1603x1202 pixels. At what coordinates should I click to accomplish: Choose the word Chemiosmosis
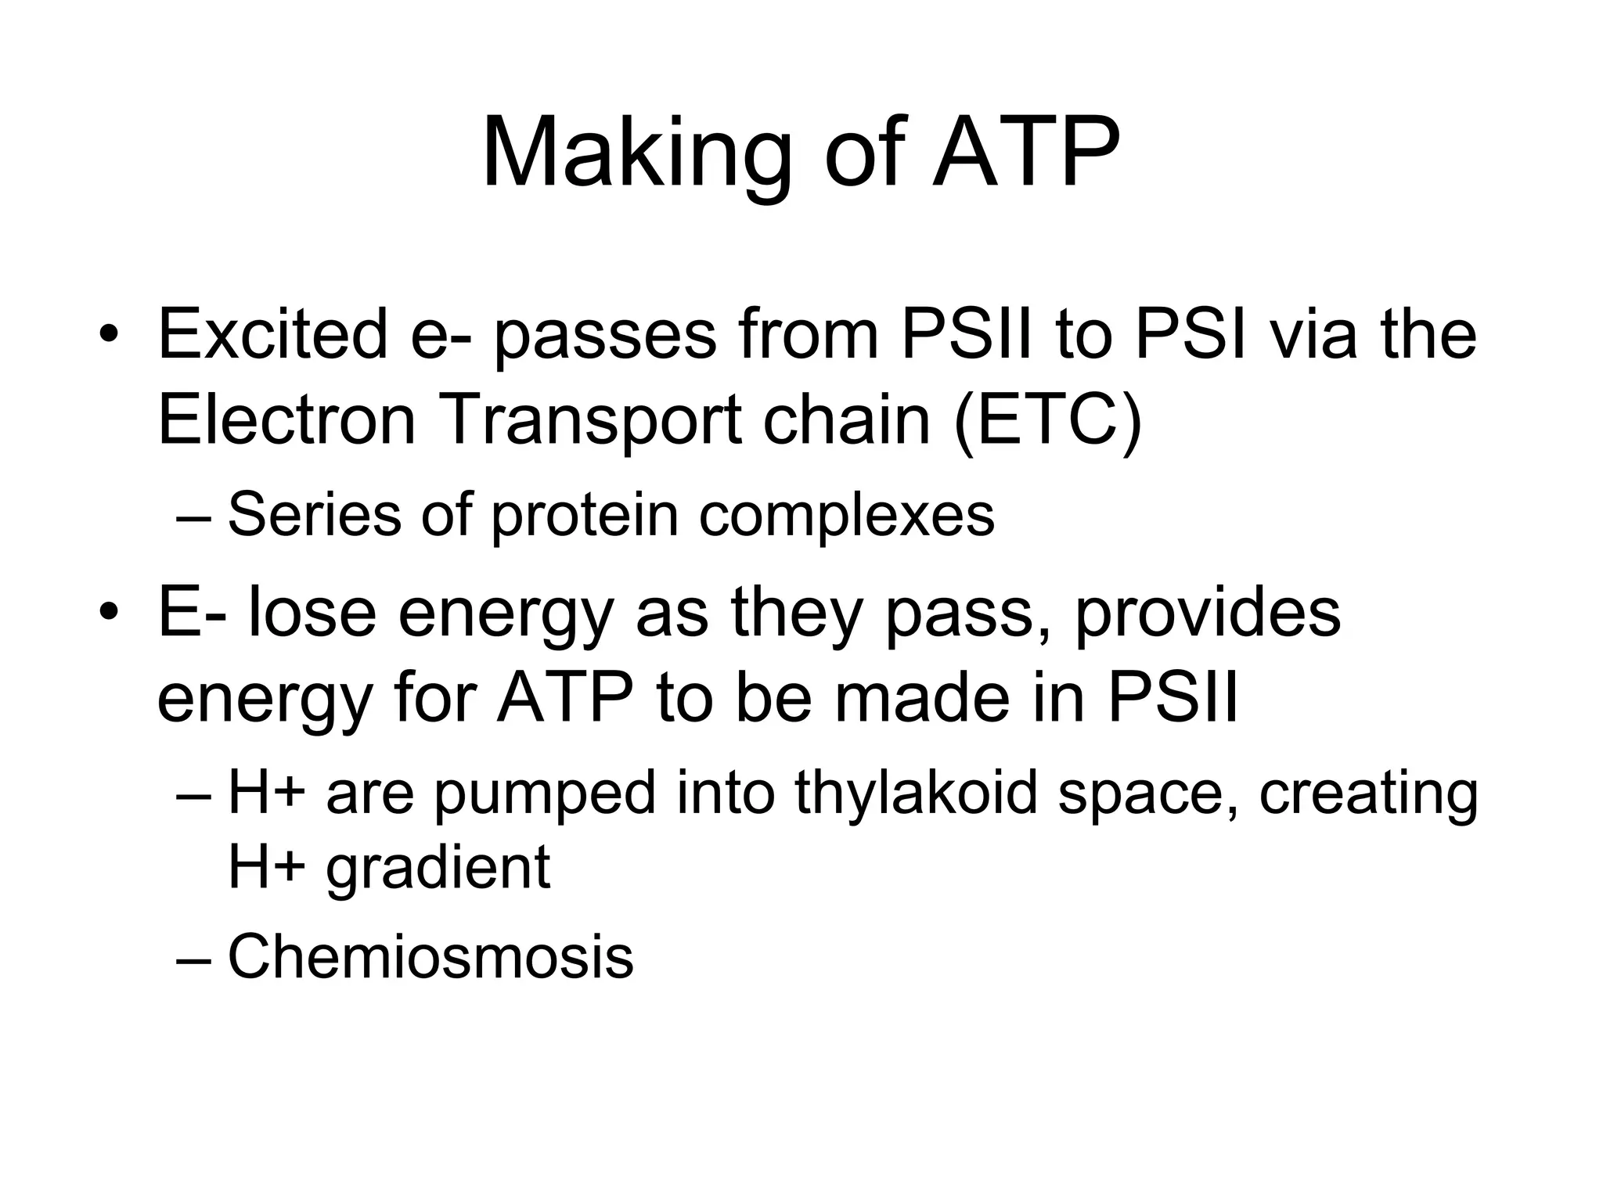coord(430,956)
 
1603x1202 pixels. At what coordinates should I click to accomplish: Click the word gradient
coord(438,869)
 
